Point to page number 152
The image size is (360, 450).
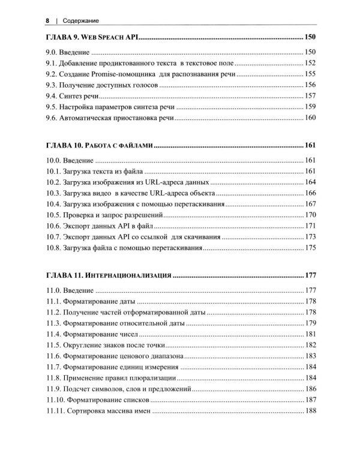click(310, 62)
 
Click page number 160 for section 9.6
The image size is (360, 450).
click(310, 118)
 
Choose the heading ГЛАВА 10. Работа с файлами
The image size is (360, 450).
click(100, 145)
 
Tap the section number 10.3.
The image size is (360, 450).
click(54, 193)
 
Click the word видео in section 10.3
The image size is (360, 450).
click(116, 193)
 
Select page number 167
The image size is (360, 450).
click(310, 204)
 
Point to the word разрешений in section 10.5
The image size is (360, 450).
click(142, 215)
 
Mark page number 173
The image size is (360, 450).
click(310, 236)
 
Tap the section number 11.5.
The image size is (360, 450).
click(54, 346)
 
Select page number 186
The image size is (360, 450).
click(310, 389)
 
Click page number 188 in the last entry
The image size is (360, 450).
click(310, 411)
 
